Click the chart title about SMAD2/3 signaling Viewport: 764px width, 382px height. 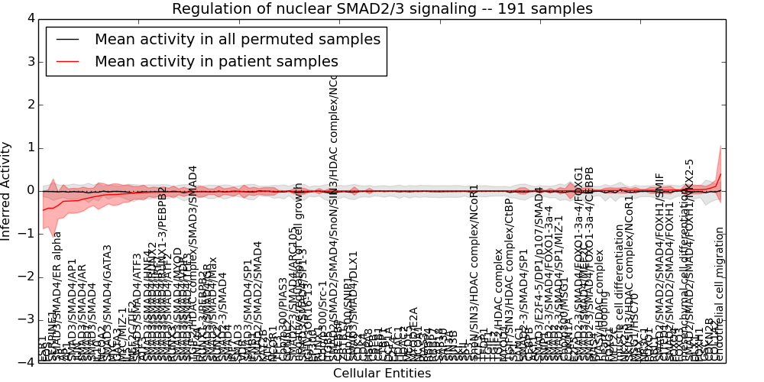[x=382, y=9]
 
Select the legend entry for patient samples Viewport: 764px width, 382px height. [x=216, y=62]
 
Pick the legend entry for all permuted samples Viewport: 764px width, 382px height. [x=237, y=40]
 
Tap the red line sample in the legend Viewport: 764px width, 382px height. [x=66, y=62]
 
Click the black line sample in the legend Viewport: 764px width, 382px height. [x=66, y=40]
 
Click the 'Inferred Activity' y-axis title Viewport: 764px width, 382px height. [x=7, y=190]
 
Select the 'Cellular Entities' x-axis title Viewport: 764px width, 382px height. [x=382, y=374]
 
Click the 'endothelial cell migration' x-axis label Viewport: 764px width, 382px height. [x=719, y=294]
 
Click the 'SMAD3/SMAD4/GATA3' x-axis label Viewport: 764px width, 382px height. [x=108, y=302]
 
